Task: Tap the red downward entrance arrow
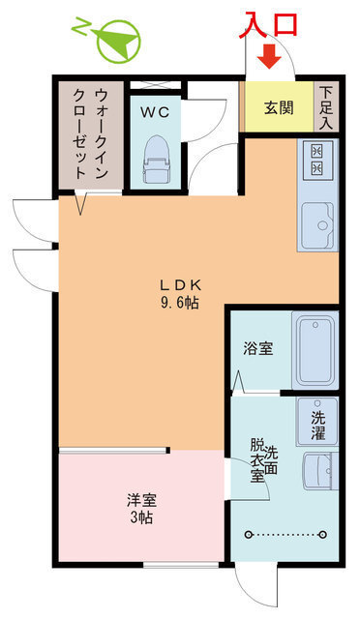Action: [x=270, y=59]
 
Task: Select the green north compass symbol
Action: [x=115, y=41]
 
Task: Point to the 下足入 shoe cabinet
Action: [x=326, y=107]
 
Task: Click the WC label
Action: [x=155, y=112]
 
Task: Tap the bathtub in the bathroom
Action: [x=315, y=350]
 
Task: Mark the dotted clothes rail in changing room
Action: [x=286, y=534]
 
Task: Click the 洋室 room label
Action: [x=141, y=500]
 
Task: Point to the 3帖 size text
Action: [x=141, y=517]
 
